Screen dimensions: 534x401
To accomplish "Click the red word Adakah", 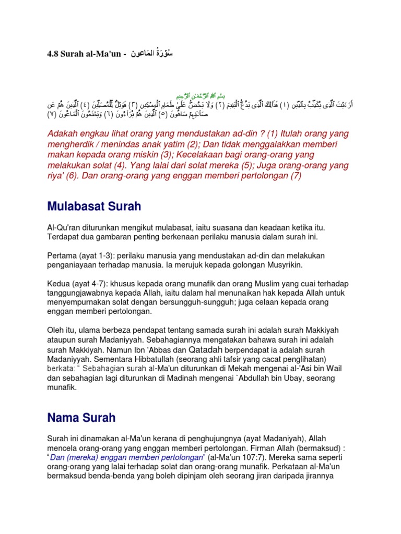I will [x=63, y=134].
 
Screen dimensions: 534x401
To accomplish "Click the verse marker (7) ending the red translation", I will [x=296, y=176].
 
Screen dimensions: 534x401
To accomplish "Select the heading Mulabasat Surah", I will [x=94, y=207].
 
